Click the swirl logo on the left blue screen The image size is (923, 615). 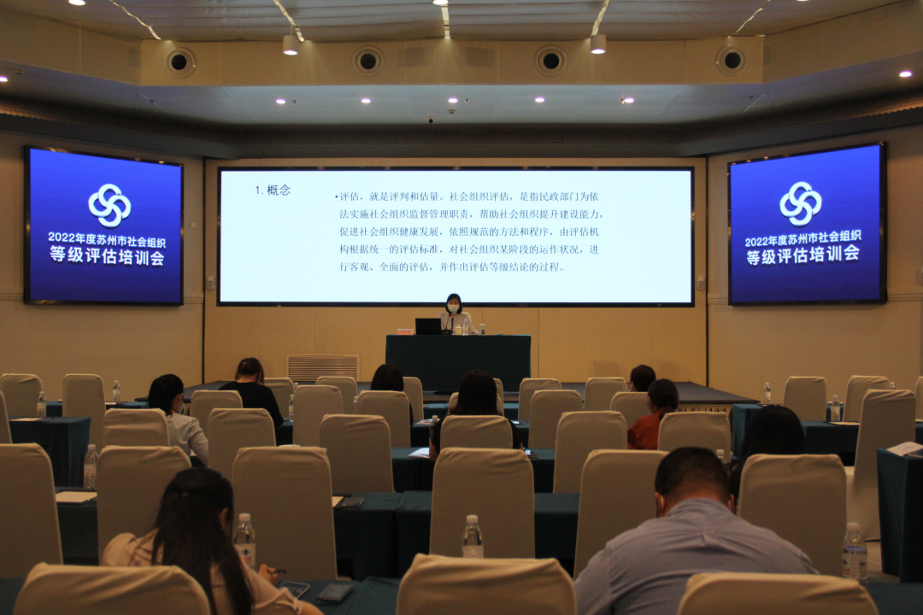[x=109, y=205]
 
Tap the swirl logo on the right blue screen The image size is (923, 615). [x=801, y=203]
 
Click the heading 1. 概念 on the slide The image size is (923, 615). [x=273, y=190]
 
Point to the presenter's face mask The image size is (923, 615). [x=453, y=308]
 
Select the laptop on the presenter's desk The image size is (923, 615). [x=428, y=326]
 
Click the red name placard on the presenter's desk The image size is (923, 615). [x=406, y=332]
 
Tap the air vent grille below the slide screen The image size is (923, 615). [x=322, y=367]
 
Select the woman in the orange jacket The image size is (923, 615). [x=652, y=414]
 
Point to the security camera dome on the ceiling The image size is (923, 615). [x=431, y=120]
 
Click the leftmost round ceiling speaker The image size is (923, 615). [x=179, y=61]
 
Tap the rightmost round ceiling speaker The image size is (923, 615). [x=732, y=60]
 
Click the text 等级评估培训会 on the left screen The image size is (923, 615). [x=107, y=256]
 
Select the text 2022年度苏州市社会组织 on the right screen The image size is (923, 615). [x=802, y=238]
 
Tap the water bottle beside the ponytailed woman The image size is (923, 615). [x=245, y=539]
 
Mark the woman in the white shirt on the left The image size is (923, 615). [x=177, y=417]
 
